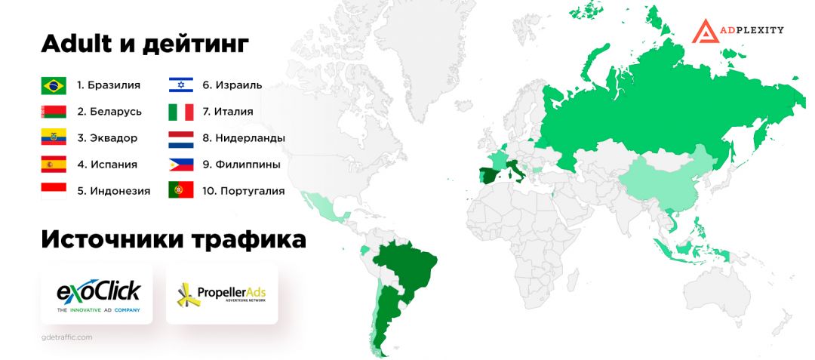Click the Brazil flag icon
click(x=54, y=85)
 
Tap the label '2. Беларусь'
click(x=109, y=112)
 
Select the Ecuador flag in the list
click(x=54, y=138)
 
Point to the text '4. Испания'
click(x=107, y=164)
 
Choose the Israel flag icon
click(x=181, y=85)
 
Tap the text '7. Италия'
click(x=227, y=112)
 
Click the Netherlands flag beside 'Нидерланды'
click(x=181, y=138)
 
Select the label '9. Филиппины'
click(x=241, y=164)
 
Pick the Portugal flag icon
click(x=181, y=190)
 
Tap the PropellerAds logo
click(x=221, y=294)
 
